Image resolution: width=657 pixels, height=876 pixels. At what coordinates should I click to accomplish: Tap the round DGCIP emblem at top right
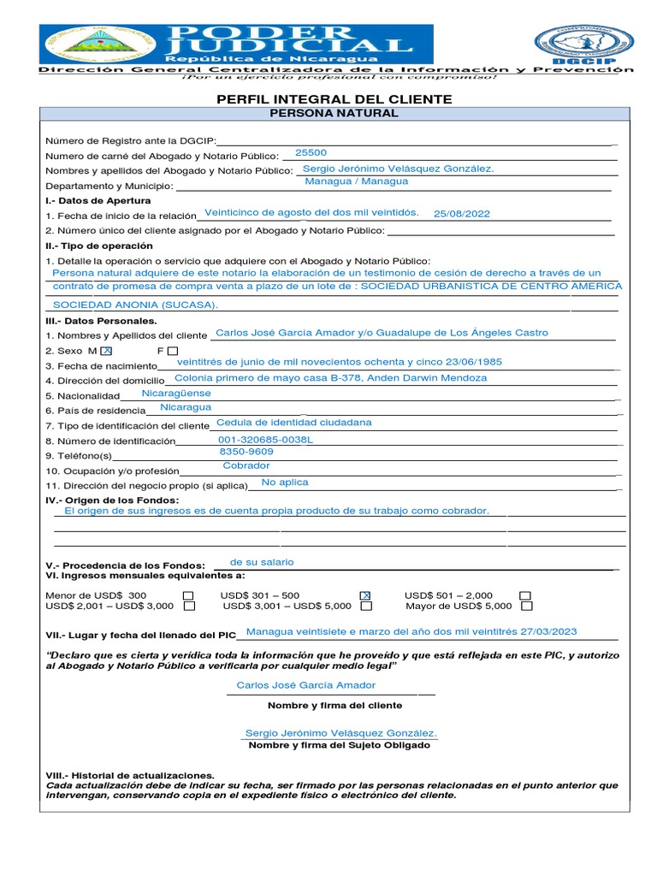[584, 43]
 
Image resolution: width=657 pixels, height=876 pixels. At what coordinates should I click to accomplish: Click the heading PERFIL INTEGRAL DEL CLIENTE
[334, 99]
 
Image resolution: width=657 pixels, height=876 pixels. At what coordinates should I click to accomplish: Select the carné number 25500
[311, 152]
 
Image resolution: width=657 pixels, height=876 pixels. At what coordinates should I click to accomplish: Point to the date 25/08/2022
[462, 214]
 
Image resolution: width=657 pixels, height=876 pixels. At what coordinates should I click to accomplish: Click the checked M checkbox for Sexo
[106, 351]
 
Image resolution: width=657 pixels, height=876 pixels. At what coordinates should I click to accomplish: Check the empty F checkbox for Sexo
[173, 351]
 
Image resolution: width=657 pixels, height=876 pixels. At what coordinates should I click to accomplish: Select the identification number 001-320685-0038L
[266, 440]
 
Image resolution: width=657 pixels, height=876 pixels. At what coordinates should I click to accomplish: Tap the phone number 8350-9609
[246, 452]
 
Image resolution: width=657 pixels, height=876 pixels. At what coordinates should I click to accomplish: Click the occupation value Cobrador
[246, 466]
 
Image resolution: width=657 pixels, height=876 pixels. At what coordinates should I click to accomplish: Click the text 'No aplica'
[285, 482]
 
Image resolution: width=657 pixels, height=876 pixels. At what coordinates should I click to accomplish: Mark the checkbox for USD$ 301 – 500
[365, 595]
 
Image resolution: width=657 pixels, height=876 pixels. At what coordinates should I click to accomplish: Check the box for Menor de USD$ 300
[188, 595]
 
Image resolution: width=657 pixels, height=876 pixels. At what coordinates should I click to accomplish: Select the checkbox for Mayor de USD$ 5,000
[527, 606]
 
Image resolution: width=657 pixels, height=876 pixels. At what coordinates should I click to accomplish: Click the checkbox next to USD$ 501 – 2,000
[525, 595]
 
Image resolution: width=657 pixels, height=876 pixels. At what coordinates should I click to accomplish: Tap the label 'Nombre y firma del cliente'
[334, 706]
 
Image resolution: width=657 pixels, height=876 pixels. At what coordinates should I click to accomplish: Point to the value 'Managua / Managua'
[357, 181]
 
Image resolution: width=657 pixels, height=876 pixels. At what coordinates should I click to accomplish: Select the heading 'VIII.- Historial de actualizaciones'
[130, 774]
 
